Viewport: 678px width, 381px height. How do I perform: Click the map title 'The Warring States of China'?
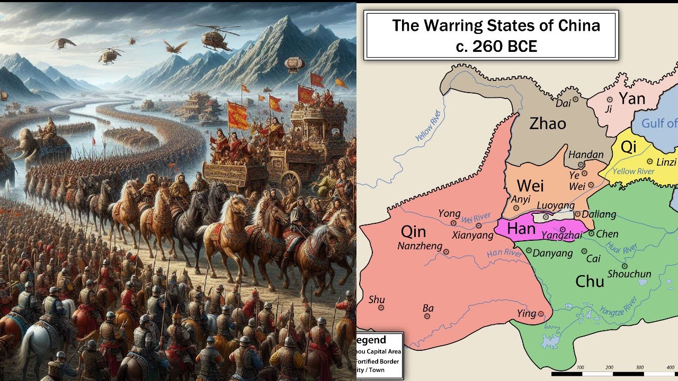pos(496,25)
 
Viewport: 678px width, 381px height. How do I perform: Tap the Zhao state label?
pos(548,124)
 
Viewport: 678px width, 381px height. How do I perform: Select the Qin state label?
pos(413,231)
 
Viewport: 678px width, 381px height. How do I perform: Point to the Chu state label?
pos(590,281)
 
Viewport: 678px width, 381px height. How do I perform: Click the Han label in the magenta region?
pos(521,229)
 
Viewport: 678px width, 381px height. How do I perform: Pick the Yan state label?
pos(632,98)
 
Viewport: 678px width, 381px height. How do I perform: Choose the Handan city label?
pos(586,155)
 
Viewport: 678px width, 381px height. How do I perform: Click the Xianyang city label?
pos(472,235)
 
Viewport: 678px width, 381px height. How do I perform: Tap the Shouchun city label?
pos(629,274)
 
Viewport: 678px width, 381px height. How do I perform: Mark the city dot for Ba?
pos(427,316)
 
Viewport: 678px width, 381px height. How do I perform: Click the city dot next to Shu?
pos(381,307)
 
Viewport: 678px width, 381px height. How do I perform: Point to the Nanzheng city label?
pos(419,246)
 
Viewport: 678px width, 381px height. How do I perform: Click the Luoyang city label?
pos(555,205)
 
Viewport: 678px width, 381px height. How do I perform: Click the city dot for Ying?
pos(541,314)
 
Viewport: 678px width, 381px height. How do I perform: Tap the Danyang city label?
pos(552,253)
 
